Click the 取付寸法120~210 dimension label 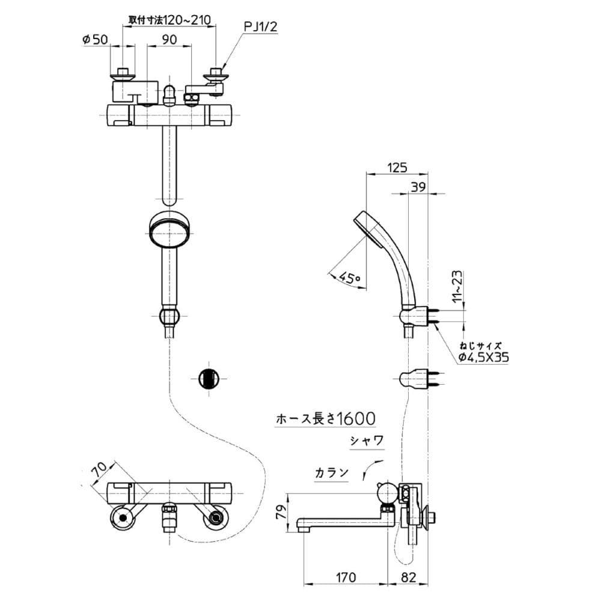pos(169,20)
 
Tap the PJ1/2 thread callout pos(261,27)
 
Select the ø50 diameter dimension pos(96,39)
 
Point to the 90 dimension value pos(169,40)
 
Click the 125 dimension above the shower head pos(397,168)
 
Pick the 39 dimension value pos(418,187)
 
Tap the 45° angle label pos(350,278)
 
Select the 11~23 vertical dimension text pos(458,286)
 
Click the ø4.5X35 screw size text pos(484,357)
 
